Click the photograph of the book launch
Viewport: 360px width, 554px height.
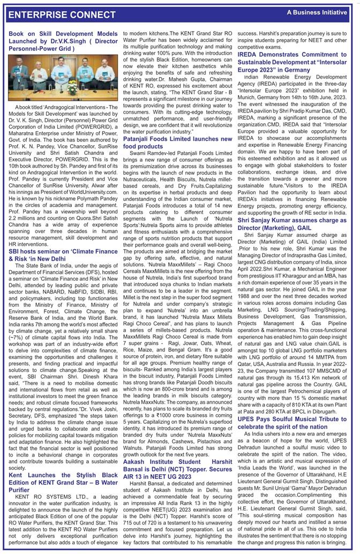pos(63,77)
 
